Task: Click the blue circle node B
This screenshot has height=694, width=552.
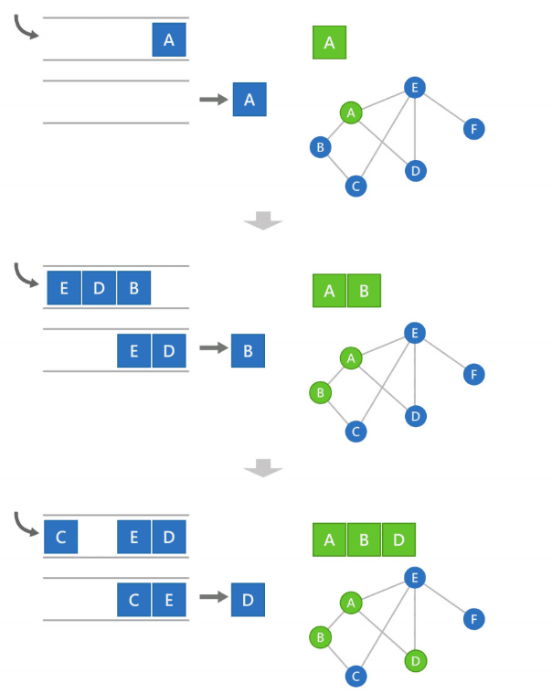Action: [x=320, y=146]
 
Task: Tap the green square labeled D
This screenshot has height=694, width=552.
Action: [x=398, y=539]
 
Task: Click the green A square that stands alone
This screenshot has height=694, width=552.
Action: [x=329, y=42]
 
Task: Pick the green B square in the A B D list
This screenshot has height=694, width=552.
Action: [x=364, y=539]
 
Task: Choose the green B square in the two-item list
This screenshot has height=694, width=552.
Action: [x=364, y=292]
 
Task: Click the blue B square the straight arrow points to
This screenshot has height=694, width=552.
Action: [x=248, y=350]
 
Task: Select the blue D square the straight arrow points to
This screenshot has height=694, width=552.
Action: [x=248, y=599]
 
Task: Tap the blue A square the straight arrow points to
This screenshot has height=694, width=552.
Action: [x=249, y=98]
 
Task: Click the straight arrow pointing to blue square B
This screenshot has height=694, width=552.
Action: [x=212, y=348]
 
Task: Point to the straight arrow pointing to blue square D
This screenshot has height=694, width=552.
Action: [x=212, y=597]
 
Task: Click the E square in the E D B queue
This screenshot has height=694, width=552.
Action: [x=64, y=288]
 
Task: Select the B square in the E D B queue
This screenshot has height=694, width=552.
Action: [x=133, y=288]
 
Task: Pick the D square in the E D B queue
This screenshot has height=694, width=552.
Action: [x=99, y=288]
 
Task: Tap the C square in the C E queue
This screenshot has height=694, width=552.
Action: [x=133, y=600]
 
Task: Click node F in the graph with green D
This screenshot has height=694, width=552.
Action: [x=472, y=619]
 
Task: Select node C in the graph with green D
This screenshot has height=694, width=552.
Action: [x=356, y=677]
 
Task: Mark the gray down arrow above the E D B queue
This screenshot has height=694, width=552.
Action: [x=263, y=220]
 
